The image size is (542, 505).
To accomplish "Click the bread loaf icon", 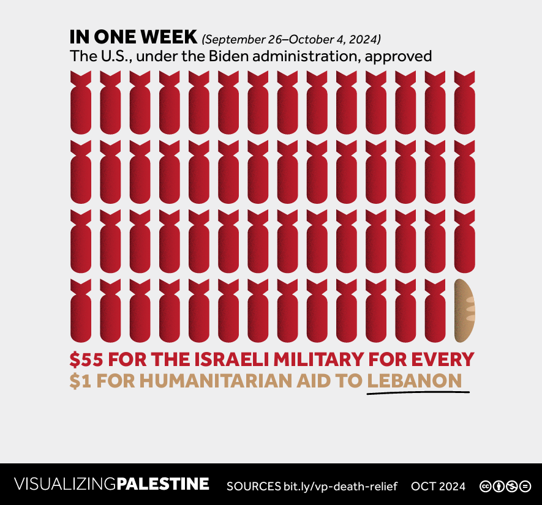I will (x=465, y=310).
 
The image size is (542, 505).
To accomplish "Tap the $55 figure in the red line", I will (x=86, y=359).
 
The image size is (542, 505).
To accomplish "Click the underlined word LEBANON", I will (x=414, y=381).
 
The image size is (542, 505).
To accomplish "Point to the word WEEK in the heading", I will (x=169, y=37).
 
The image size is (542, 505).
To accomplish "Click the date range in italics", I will (x=292, y=39).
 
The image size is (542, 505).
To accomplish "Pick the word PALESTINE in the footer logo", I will (x=162, y=485).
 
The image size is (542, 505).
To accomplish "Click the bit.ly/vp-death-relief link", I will (x=340, y=486).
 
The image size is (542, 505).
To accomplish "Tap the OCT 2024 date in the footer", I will (x=438, y=486).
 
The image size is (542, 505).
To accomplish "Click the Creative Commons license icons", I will (x=505, y=486).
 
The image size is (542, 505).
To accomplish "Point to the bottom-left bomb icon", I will (x=81, y=310).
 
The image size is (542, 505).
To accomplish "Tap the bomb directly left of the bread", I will (x=435, y=310).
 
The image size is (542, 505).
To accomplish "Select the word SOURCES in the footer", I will (x=253, y=486).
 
